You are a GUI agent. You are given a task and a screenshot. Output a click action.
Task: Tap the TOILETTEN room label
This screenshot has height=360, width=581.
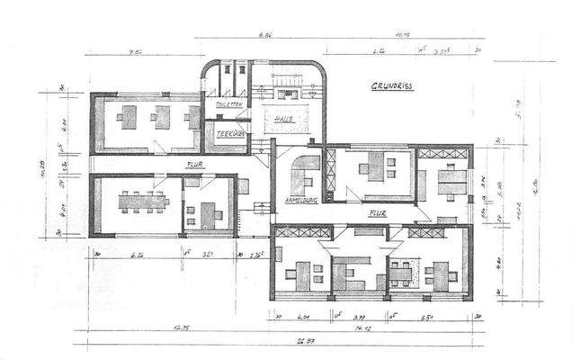pyautogui.click(x=229, y=105)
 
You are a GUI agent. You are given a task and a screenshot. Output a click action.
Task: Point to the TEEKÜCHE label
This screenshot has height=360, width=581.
pyautogui.click(x=231, y=134)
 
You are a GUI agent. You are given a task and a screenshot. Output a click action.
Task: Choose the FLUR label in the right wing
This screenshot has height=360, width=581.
pyautogui.click(x=378, y=213)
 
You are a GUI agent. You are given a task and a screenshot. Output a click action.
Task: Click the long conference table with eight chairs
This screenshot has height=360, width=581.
pyautogui.click(x=143, y=202)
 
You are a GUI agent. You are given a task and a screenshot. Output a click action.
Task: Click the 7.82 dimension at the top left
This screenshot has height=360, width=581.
pyautogui.click(x=138, y=52)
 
